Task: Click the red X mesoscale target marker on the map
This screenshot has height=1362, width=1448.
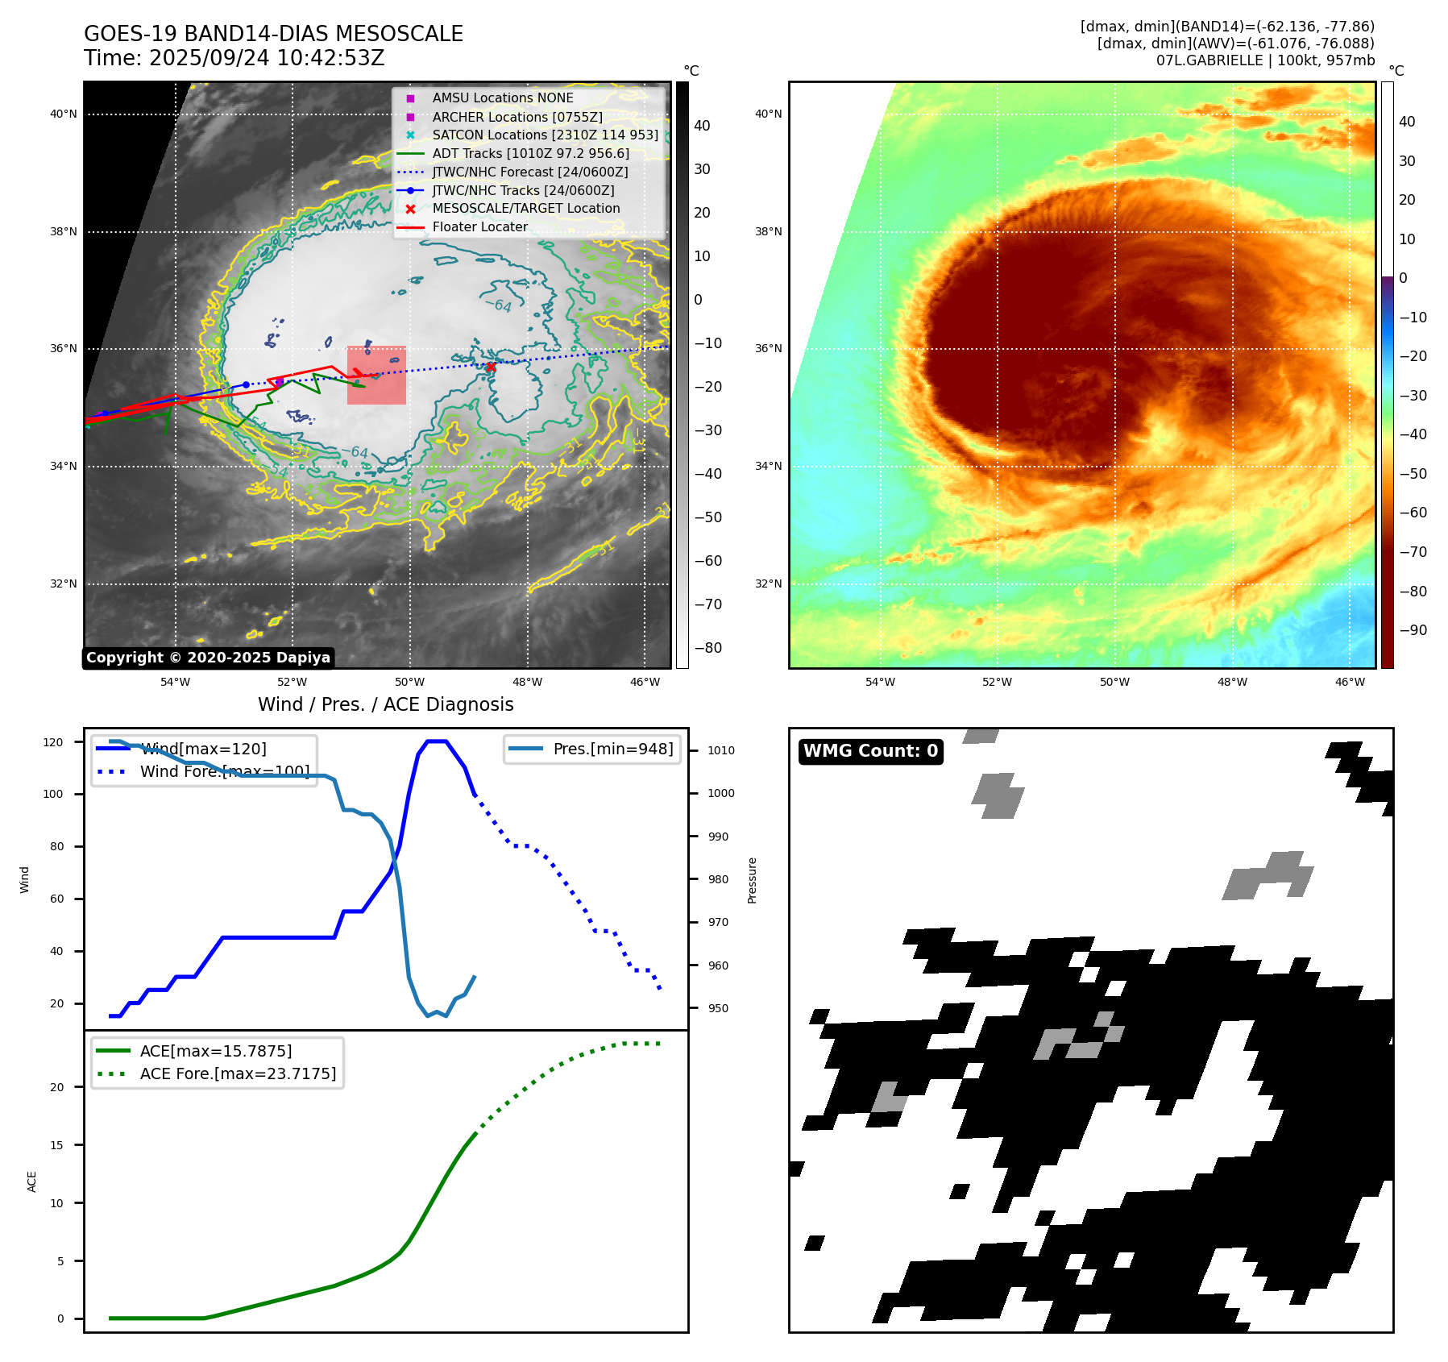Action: [490, 367]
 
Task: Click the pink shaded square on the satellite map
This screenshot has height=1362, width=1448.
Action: [376, 376]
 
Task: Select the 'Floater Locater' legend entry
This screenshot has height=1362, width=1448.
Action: [479, 227]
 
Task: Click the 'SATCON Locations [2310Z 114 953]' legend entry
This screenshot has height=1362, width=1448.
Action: [545, 135]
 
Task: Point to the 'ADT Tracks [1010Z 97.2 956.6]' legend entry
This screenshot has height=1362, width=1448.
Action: [530, 153]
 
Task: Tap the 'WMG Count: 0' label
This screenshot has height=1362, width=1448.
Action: [870, 751]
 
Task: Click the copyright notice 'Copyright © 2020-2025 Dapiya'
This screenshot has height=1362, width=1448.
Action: [208, 658]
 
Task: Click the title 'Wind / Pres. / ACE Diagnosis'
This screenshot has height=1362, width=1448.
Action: [385, 704]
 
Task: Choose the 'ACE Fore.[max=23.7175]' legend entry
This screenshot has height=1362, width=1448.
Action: [238, 1073]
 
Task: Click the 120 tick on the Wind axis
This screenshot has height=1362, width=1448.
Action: [53, 742]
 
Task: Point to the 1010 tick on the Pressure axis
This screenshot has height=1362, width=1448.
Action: [721, 750]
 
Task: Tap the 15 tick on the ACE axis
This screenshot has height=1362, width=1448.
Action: [56, 1145]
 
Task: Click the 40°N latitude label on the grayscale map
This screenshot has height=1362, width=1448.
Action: [64, 114]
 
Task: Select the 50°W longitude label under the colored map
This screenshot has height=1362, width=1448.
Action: [1114, 683]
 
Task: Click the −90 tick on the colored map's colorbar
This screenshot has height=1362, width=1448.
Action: [1413, 630]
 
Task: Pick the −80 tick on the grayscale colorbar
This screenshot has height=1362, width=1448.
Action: [708, 648]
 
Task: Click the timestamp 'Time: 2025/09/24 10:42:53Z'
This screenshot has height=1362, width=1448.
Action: [234, 59]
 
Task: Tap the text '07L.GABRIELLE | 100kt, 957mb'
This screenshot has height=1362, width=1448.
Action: [1265, 60]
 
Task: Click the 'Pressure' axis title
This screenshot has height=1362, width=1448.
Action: [752, 880]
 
